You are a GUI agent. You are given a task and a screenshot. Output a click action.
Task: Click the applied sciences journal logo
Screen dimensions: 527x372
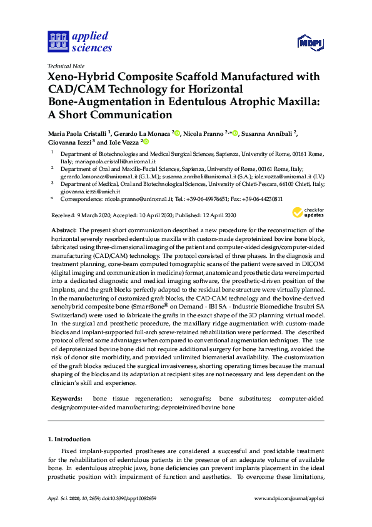79,42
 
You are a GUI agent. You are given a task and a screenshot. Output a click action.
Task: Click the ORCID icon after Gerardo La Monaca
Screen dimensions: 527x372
178,133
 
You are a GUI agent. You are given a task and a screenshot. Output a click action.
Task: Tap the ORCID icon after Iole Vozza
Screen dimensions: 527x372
146,143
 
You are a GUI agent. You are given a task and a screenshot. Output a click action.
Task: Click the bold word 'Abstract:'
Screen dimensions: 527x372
64,231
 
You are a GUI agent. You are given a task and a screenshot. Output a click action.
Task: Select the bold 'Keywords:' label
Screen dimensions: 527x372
66,399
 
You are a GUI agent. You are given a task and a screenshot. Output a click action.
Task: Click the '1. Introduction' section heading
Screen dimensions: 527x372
69,439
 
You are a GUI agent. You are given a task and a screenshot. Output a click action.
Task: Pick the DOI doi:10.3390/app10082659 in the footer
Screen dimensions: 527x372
131,499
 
